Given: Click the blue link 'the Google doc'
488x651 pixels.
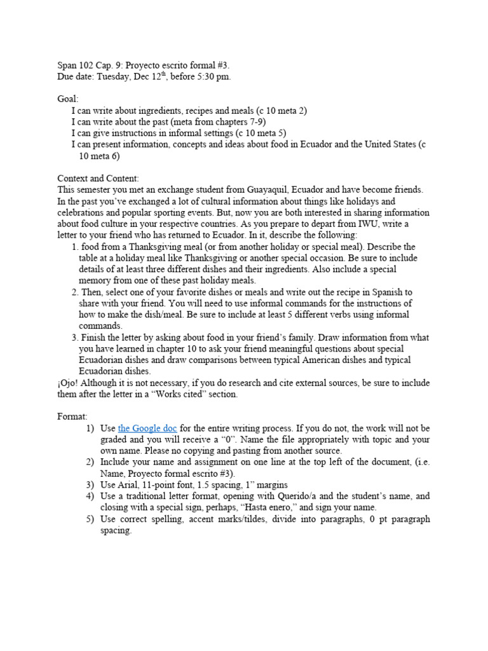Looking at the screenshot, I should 147,428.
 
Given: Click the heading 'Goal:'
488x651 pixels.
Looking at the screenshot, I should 68,99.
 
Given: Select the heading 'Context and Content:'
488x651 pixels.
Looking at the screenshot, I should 98,179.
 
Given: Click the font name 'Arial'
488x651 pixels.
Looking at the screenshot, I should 130,485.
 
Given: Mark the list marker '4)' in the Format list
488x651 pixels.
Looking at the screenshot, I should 90,497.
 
